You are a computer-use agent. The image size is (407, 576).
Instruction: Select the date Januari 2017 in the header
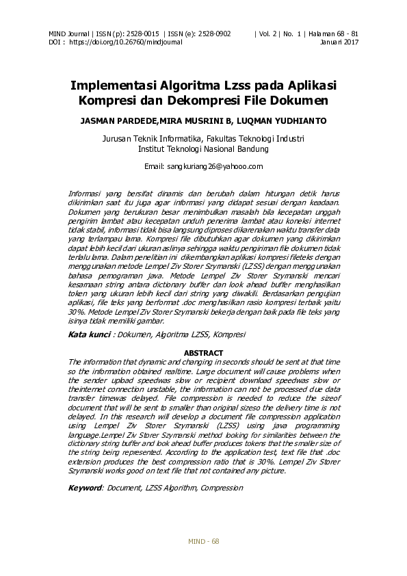(x=339, y=42)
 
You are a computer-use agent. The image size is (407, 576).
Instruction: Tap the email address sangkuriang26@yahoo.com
(x=204, y=166)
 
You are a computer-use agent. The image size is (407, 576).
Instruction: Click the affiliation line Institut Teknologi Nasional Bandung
(x=203, y=148)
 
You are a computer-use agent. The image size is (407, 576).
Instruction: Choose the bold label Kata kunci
(x=90, y=335)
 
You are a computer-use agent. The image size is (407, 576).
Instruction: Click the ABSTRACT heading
(x=204, y=353)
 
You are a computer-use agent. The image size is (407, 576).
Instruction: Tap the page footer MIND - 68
(x=204, y=541)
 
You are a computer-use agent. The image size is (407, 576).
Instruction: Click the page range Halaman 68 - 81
(x=335, y=34)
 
